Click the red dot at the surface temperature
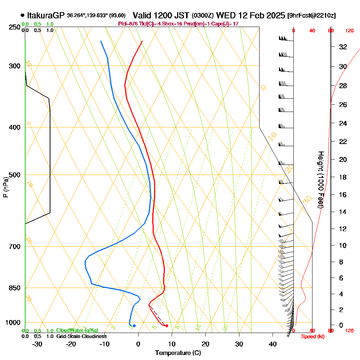167,326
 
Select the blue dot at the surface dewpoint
134,326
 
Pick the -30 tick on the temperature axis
37,344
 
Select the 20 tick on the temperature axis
206,344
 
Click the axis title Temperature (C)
178,353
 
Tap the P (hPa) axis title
5,187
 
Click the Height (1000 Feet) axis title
320,180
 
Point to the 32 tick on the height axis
343,47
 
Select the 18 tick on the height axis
343,177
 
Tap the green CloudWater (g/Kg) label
77,330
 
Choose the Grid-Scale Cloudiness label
81,336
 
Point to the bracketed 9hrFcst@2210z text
312,15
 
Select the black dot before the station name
23,15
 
